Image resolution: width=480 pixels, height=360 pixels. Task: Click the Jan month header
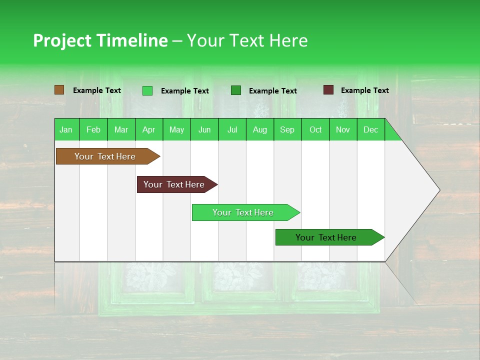coord(66,129)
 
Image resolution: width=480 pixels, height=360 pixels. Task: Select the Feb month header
coord(93,129)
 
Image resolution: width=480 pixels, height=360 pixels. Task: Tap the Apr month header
coord(148,129)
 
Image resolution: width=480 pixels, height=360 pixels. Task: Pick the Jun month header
coord(204,129)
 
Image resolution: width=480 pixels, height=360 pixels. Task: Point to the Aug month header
coord(259,129)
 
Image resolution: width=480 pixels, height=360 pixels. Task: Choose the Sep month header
coord(287,129)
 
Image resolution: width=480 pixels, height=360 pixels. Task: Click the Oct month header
coord(315,129)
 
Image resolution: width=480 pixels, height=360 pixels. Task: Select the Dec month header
coord(370,129)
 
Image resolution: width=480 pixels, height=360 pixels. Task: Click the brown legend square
coord(59,90)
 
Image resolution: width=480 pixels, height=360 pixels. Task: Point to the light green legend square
coord(147,90)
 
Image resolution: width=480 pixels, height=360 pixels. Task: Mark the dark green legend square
coord(236,90)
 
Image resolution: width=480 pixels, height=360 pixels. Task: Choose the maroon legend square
coord(328,90)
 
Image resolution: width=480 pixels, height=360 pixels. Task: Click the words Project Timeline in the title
coord(100,40)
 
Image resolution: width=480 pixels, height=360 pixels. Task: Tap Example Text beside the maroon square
coord(364,90)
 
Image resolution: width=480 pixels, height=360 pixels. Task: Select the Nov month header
coord(343,129)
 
